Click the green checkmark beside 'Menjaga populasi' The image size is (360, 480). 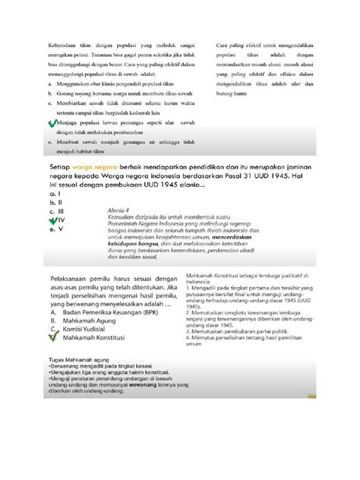[51, 123]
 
